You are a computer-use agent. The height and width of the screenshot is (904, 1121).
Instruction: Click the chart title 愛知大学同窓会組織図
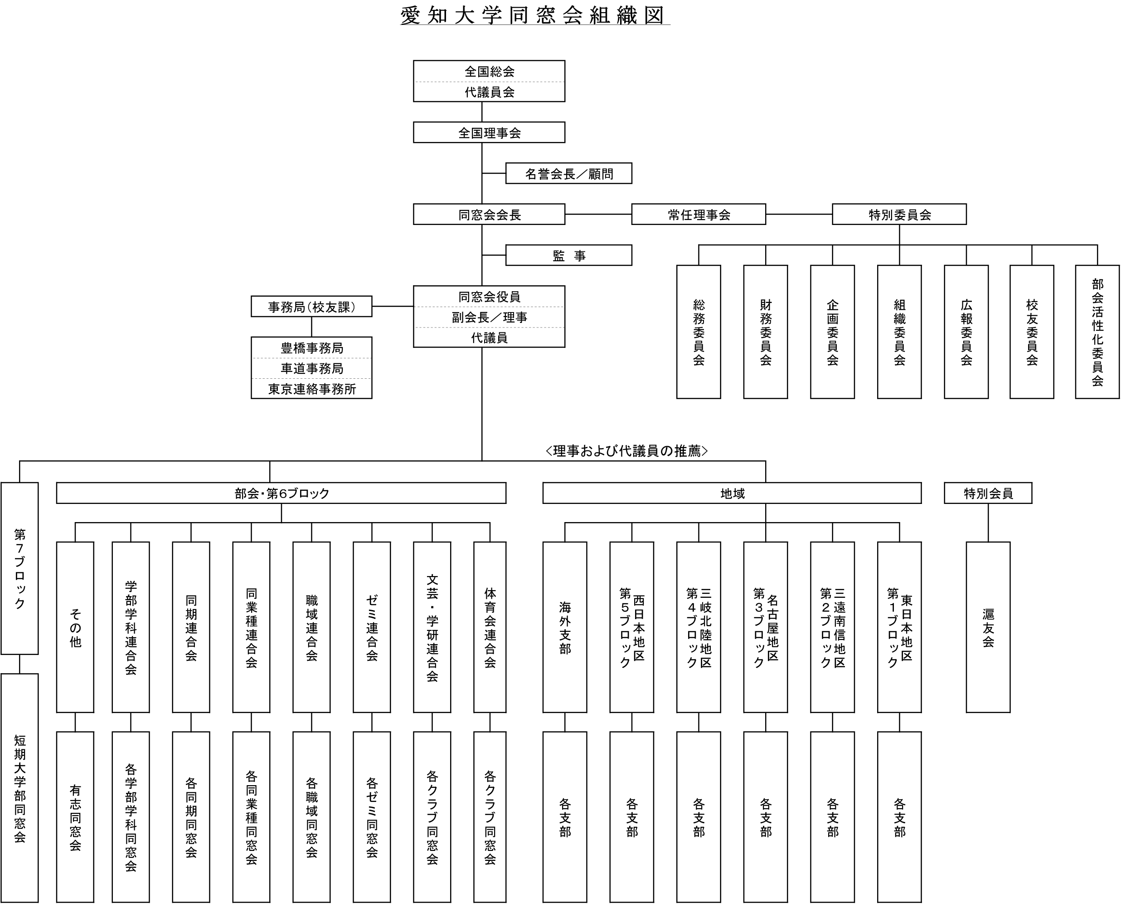click(534, 15)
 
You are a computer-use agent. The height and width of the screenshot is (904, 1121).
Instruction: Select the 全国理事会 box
click(489, 132)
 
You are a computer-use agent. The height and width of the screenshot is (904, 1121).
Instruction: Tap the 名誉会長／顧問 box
click(568, 173)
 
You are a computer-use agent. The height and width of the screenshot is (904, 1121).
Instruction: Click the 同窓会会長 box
click(489, 214)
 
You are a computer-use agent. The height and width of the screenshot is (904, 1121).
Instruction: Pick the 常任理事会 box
click(699, 214)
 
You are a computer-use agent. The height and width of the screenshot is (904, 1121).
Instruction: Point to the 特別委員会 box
click(899, 214)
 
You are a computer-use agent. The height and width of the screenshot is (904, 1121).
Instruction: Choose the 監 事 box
click(568, 255)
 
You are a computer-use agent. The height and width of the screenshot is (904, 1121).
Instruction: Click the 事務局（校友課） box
click(311, 307)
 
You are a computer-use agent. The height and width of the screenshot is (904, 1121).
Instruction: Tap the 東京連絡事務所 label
click(311, 389)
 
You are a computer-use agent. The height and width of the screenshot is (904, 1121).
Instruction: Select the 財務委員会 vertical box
click(765, 332)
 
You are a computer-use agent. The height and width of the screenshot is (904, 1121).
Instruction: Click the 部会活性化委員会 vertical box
click(1097, 332)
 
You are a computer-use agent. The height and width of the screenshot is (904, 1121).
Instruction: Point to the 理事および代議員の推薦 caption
click(626, 450)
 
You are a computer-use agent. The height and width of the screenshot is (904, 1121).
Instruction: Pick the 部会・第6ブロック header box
click(281, 493)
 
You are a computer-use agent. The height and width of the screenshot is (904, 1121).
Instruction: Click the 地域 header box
click(732, 493)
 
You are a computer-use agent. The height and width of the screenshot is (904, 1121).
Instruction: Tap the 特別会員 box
click(988, 493)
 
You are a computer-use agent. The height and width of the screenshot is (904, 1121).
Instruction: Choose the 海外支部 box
click(565, 627)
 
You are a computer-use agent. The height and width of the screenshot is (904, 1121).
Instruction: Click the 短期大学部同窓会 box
click(19, 788)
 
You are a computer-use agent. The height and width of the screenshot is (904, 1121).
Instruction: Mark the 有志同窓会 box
click(75, 816)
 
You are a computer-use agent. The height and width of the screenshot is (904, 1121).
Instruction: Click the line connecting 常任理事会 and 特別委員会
click(799, 214)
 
